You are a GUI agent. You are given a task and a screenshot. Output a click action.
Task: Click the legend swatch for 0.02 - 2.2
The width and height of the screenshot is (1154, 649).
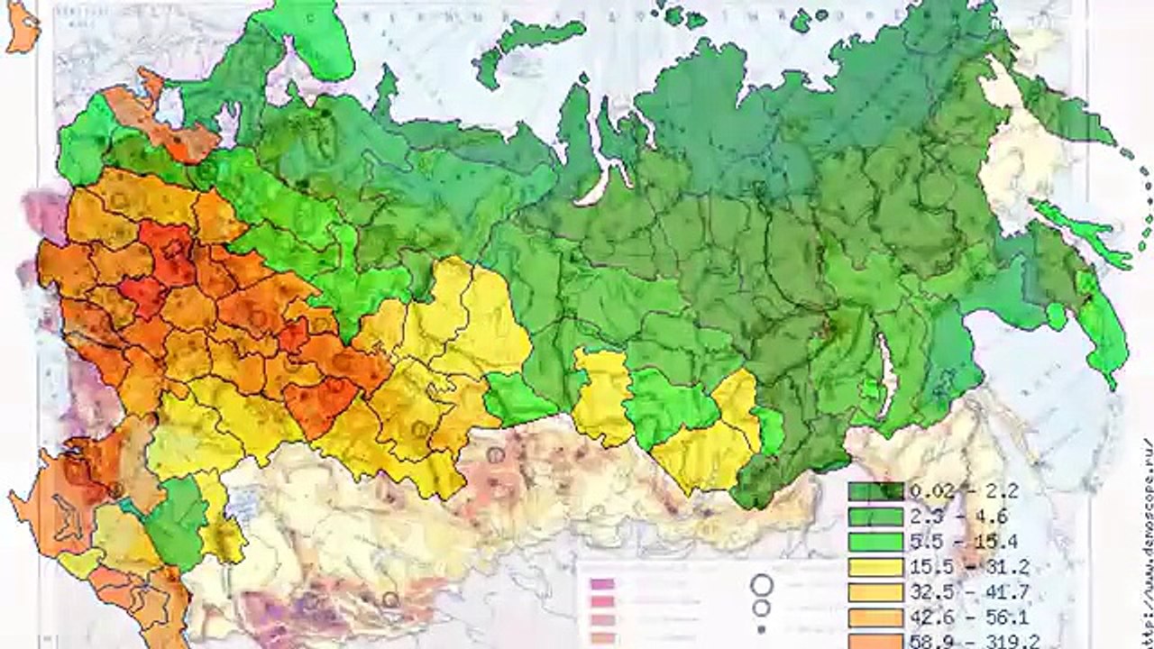(875, 492)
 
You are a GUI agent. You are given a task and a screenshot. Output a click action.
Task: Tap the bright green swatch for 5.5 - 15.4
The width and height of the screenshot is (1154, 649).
(875, 543)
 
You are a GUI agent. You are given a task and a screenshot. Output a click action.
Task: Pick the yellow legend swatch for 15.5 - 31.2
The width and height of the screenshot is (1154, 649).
(875, 568)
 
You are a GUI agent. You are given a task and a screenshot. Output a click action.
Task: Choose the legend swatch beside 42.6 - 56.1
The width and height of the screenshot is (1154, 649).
(875, 617)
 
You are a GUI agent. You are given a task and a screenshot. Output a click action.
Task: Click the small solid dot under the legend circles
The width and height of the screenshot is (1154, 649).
(763, 628)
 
